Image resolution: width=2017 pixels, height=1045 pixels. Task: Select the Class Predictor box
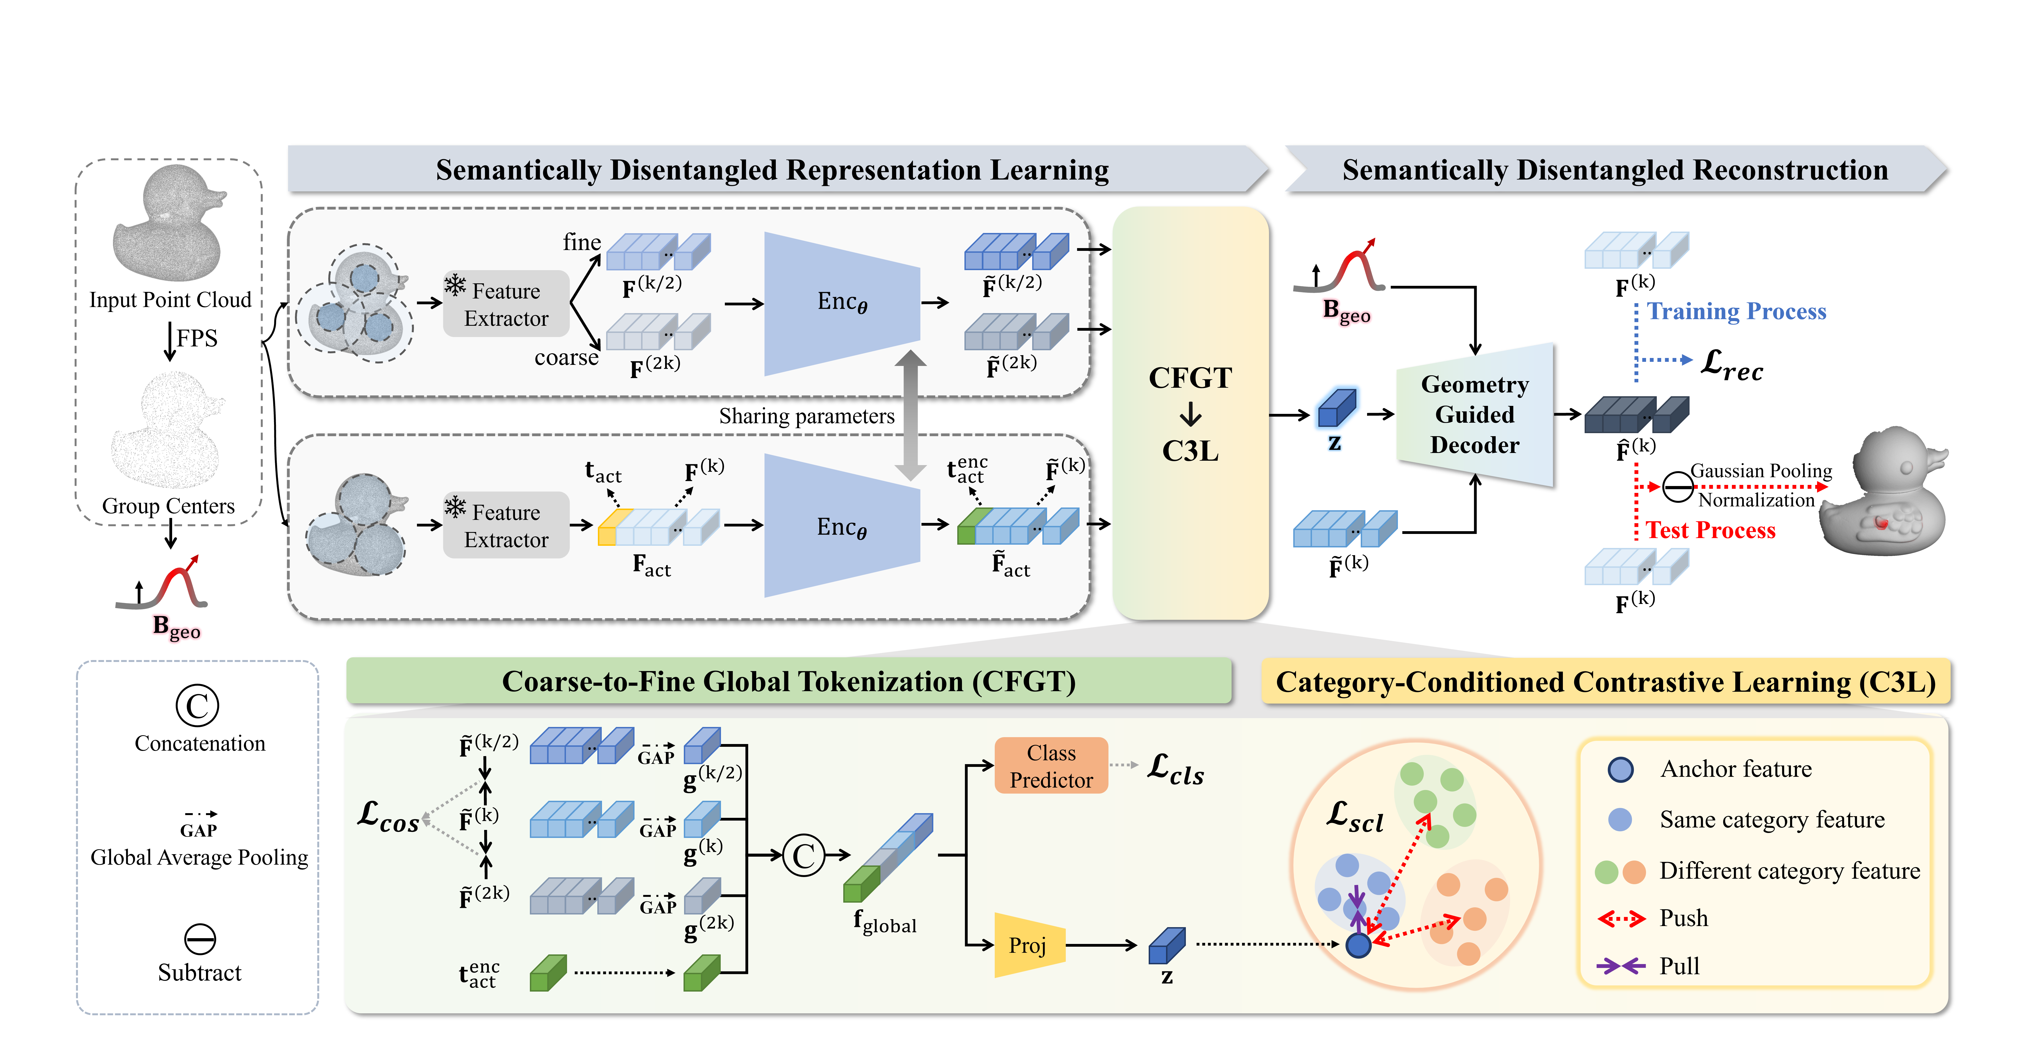point(1051,766)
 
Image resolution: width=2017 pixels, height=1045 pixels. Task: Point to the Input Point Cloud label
point(170,300)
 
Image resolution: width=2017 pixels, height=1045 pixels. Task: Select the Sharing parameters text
point(806,416)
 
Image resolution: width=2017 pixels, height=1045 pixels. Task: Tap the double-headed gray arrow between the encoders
point(911,415)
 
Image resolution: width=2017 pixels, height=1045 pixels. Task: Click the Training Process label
point(1737,311)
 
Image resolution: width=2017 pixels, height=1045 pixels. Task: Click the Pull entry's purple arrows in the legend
point(1621,966)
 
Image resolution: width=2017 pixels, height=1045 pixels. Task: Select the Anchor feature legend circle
point(1620,769)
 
